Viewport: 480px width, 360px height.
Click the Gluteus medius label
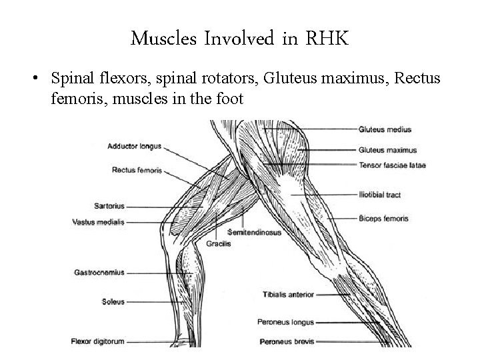coord(385,129)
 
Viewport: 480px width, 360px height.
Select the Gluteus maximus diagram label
coord(387,150)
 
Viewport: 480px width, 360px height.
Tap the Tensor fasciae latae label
coord(391,165)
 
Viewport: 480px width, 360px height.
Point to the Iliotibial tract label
coord(379,195)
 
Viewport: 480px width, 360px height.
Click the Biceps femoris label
coord(383,218)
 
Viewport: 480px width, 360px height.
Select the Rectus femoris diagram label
coord(136,170)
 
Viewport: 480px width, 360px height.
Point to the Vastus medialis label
coord(99,222)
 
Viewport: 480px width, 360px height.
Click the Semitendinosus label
coord(254,233)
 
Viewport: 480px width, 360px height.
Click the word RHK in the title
coord(327,39)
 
